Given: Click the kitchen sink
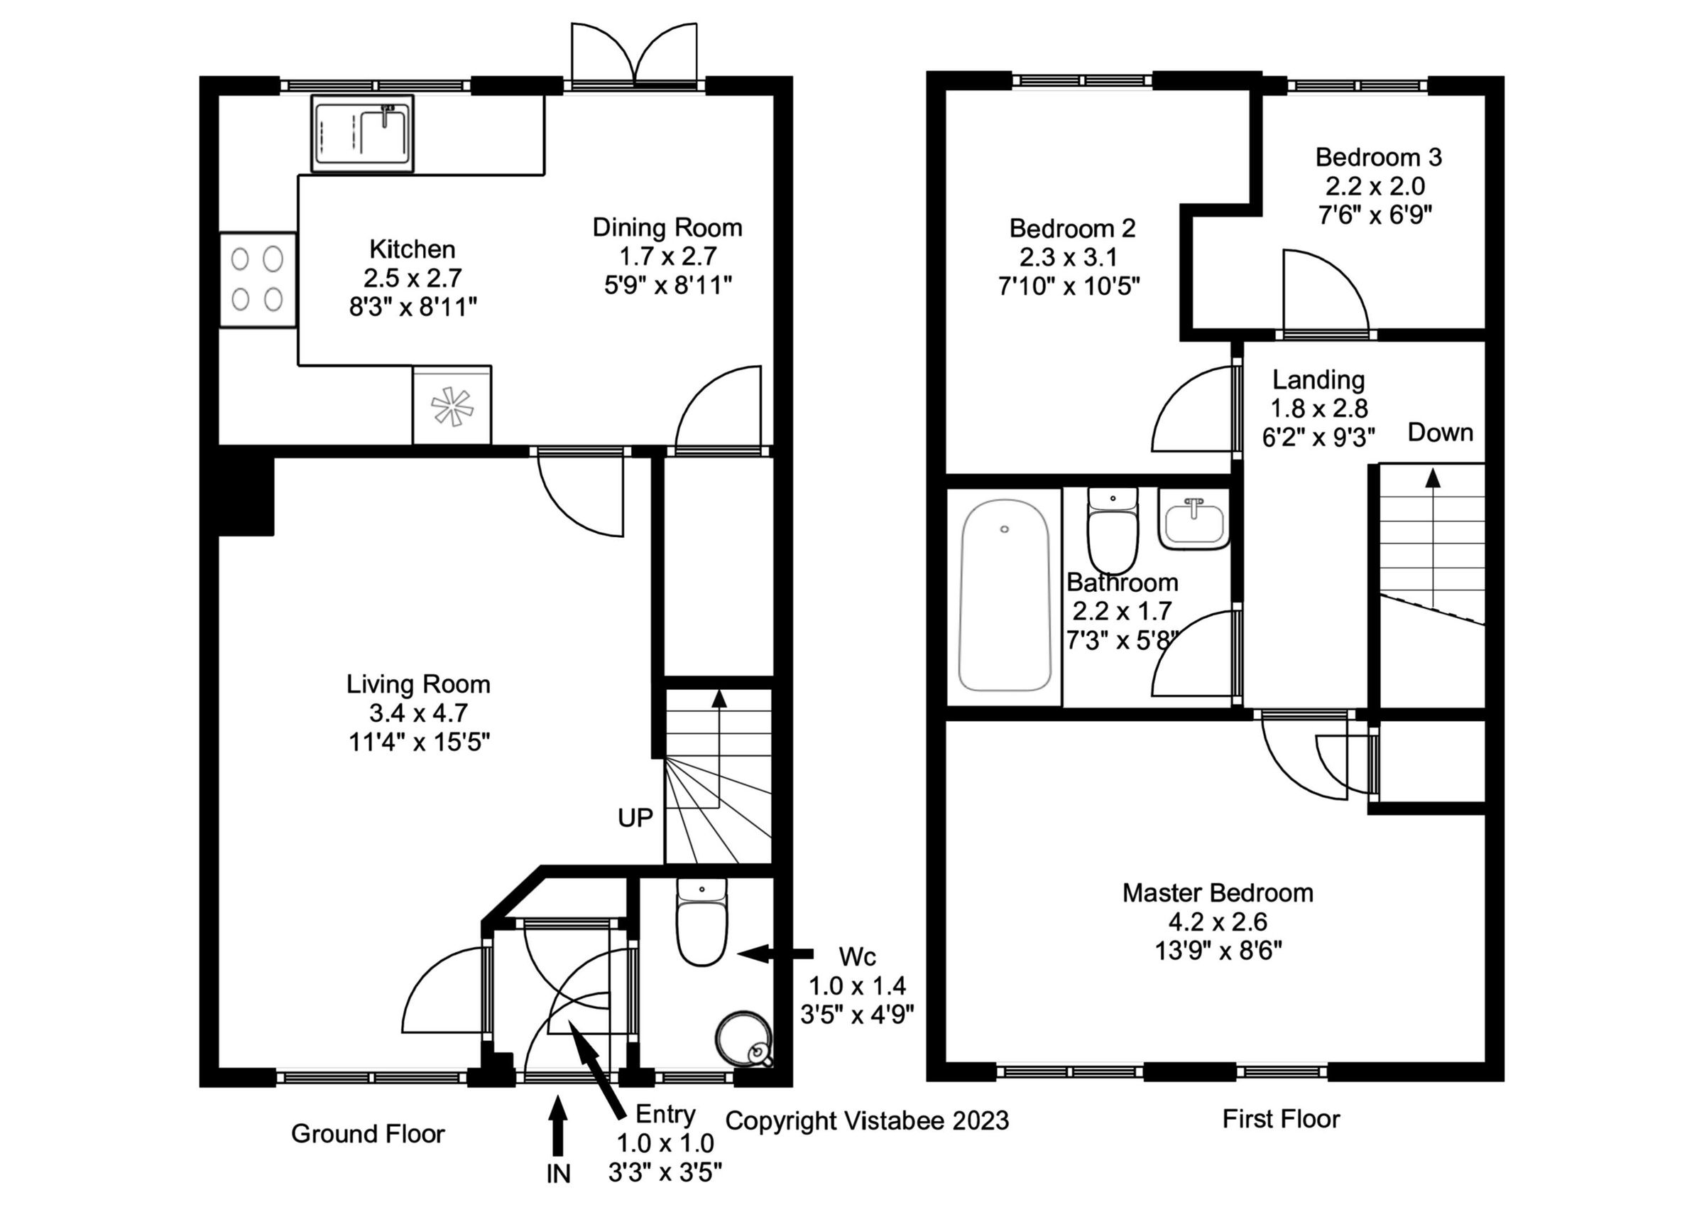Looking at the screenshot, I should point(362,134).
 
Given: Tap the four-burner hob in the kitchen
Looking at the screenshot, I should point(258,279).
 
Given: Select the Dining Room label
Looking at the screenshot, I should point(667,227).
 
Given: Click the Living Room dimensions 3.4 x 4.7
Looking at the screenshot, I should point(419,713).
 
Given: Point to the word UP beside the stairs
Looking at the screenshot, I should point(635,818).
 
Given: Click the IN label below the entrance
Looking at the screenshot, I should point(558,1173).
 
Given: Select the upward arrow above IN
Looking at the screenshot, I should point(558,1125).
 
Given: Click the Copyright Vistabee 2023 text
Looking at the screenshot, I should point(867,1120).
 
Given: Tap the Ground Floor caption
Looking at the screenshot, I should point(367,1134).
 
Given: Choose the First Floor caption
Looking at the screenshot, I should point(1281,1119).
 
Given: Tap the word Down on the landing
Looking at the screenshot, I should point(1440,432).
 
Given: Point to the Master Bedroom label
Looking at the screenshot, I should point(1217,892).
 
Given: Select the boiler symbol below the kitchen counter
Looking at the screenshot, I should point(452,406).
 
